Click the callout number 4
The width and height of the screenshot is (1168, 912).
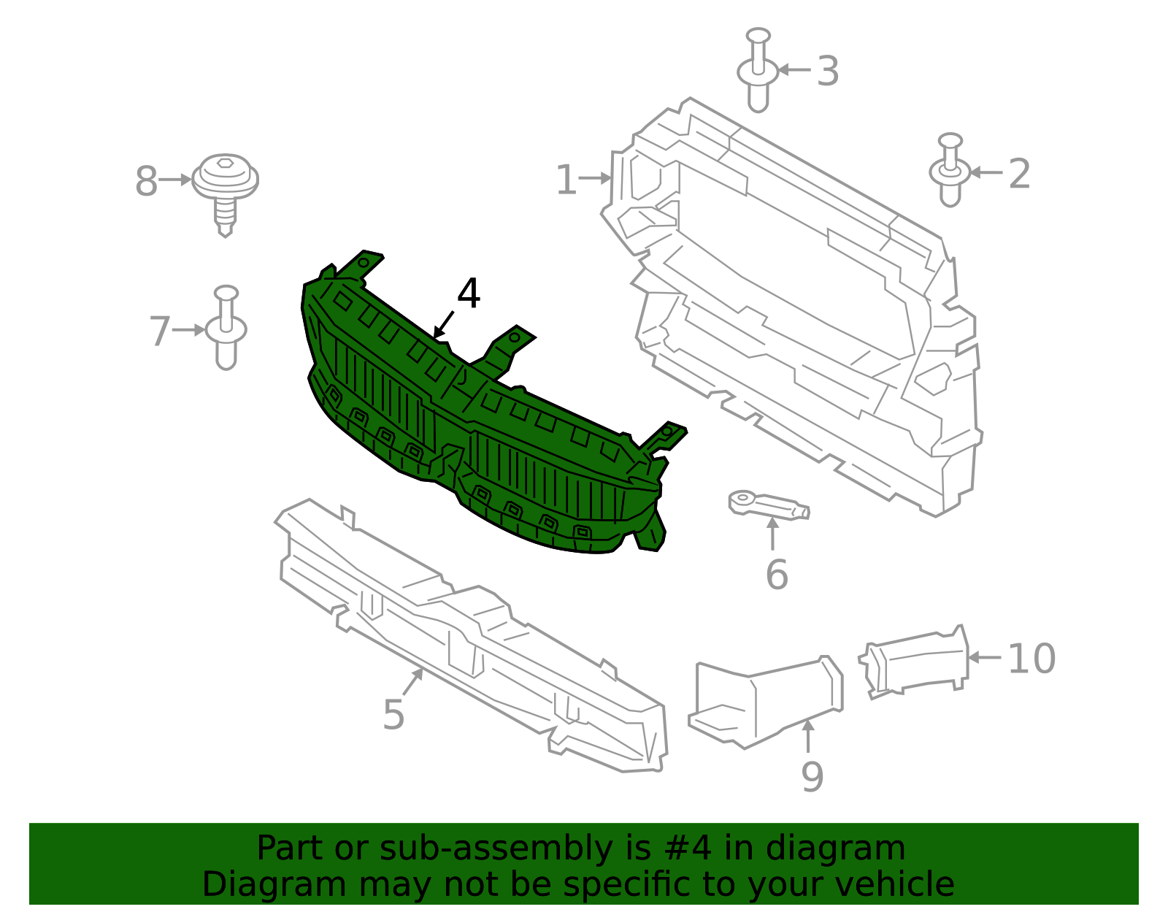point(468,294)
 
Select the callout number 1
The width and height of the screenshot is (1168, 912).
point(566,180)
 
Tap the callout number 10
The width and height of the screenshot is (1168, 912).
point(1031,659)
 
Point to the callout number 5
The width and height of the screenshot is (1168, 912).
point(393,715)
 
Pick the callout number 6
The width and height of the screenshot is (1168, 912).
point(777,575)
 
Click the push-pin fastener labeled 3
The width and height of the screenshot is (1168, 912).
point(758,70)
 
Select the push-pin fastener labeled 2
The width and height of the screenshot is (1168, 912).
point(950,170)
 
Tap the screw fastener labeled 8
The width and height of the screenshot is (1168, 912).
point(226,194)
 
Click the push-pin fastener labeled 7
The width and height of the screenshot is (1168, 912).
point(226,327)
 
